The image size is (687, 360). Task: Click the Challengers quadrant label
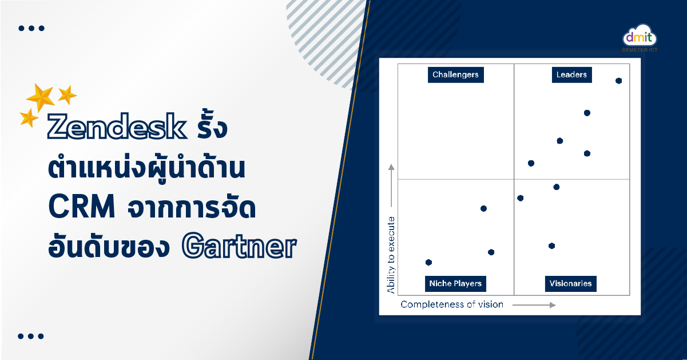pyautogui.click(x=456, y=74)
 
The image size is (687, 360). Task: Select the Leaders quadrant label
pyautogui.click(x=571, y=74)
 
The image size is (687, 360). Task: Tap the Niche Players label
pyautogui.click(x=455, y=283)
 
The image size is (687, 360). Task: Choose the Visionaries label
pyautogui.click(x=570, y=283)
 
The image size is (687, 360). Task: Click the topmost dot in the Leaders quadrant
pyautogui.click(x=618, y=81)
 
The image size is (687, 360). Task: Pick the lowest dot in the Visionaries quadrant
pyautogui.click(x=552, y=246)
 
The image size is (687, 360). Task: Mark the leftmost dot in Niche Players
pyautogui.click(x=429, y=262)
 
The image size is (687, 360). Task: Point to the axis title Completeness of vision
pyautogui.click(x=452, y=304)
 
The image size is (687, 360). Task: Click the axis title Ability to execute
pyautogui.click(x=391, y=255)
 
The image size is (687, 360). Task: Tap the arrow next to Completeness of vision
pyautogui.click(x=534, y=305)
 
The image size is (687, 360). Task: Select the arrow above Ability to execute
pyautogui.click(x=391, y=185)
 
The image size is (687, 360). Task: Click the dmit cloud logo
pyautogui.click(x=640, y=36)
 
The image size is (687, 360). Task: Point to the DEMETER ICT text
pyautogui.click(x=640, y=50)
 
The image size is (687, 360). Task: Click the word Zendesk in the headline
pyautogui.click(x=117, y=126)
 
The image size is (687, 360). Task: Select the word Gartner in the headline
pyautogui.click(x=239, y=246)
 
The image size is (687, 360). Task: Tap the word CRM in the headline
pyautogui.click(x=82, y=206)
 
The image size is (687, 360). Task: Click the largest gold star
pyautogui.click(x=40, y=97)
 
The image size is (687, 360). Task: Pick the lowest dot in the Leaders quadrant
pyautogui.click(x=531, y=163)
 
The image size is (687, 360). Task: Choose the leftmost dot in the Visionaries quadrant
pyautogui.click(x=520, y=198)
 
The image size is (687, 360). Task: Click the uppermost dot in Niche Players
pyautogui.click(x=484, y=209)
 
